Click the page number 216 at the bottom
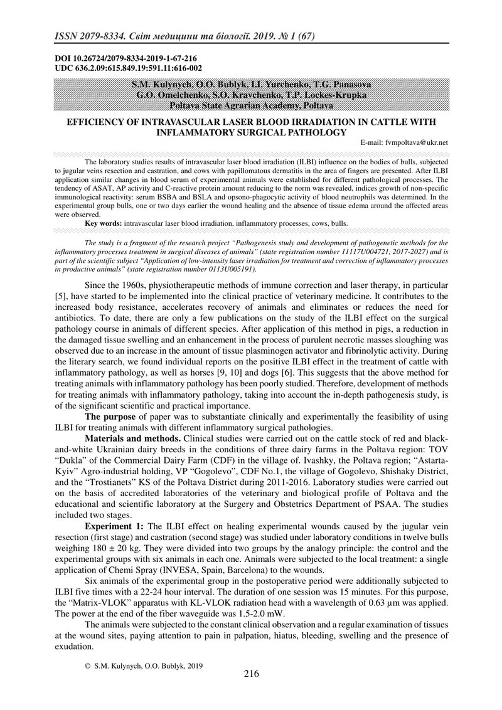tap(251, 674)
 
